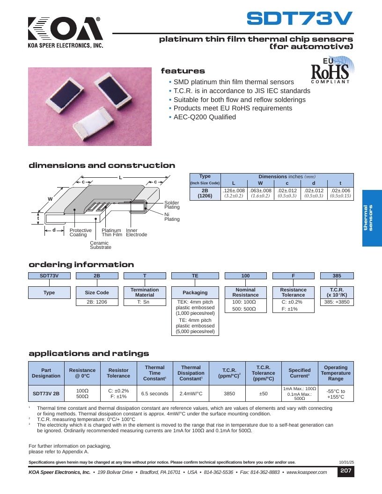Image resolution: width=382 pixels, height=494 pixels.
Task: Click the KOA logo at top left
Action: (66, 32)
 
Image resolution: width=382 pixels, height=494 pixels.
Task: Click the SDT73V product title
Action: (300, 18)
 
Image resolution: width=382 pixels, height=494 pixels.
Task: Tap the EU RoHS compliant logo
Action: (332, 70)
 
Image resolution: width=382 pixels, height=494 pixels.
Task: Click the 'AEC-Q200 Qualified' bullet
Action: (205, 117)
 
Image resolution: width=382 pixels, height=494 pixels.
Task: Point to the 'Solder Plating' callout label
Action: (172, 205)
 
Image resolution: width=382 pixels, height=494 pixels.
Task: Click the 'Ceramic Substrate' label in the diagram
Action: (101, 245)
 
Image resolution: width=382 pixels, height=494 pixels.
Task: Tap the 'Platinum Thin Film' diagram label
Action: (112, 232)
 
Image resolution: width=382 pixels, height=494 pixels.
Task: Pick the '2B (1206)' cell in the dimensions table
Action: (205, 193)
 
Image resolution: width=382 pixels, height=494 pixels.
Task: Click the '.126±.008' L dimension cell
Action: (234, 193)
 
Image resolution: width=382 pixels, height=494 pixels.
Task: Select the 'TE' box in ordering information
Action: (195, 276)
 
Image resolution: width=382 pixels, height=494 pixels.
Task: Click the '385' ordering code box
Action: (337, 276)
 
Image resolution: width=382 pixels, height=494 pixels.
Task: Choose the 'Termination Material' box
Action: (145, 292)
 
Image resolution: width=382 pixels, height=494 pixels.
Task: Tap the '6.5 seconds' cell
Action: (155, 393)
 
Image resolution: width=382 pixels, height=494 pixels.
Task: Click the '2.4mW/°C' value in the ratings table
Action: (191, 393)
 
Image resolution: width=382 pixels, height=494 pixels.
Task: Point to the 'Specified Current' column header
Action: (300, 373)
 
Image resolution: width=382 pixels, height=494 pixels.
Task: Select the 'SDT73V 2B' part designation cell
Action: (46, 393)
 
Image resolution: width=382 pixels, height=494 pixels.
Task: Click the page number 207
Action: (346, 471)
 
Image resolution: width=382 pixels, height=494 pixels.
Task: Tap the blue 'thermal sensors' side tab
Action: (372, 218)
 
